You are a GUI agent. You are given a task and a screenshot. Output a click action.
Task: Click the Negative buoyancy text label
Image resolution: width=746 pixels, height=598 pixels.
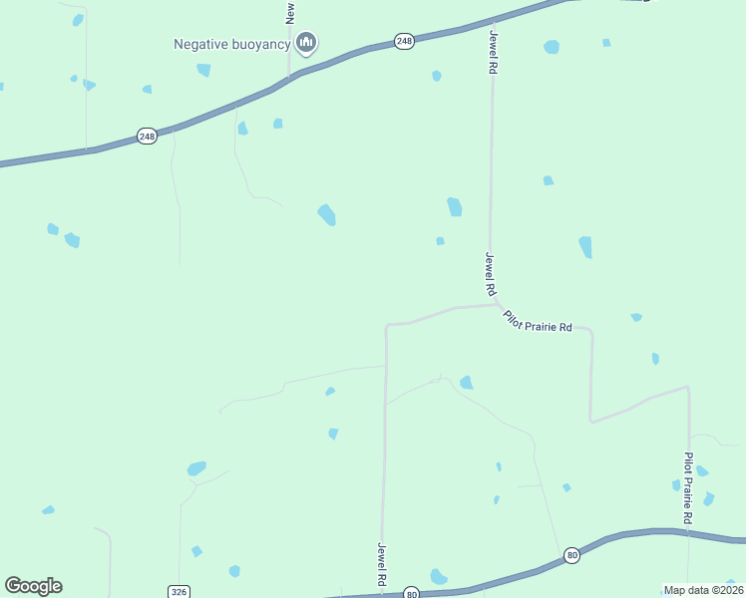point(231,43)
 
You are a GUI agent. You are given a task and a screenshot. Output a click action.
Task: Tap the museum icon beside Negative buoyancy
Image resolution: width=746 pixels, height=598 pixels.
point(306,42)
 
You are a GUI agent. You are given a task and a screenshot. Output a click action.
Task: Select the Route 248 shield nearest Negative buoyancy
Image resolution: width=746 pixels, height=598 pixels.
point(403,41)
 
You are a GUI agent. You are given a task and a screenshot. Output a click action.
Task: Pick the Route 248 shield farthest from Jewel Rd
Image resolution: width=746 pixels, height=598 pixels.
point(147,136)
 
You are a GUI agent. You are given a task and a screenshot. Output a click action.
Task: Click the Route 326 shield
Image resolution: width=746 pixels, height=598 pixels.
point(179,592)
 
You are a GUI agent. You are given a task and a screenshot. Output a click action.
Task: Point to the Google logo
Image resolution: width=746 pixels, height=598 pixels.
point(33,586)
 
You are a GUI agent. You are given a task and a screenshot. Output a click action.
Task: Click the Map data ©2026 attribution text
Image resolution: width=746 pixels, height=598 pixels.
point(703,590)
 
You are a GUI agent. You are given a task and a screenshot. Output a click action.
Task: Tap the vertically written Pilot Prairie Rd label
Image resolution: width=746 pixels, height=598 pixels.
point(688,488)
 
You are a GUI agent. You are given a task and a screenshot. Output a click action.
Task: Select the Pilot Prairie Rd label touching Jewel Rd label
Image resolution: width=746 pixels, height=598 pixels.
point(539,323)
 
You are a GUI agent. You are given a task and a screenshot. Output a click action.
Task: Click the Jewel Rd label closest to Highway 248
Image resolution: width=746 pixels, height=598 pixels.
point(493,53)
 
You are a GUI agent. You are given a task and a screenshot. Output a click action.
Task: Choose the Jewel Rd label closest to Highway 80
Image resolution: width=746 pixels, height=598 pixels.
point(381,564)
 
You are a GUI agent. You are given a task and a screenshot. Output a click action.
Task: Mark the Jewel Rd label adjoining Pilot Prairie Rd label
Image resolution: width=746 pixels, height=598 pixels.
point(490,275)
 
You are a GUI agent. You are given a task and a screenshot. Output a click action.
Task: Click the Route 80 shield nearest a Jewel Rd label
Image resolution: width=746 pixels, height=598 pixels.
point(412,593)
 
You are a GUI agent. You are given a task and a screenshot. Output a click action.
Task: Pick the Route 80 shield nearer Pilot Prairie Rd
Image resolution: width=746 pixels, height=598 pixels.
point(571,555)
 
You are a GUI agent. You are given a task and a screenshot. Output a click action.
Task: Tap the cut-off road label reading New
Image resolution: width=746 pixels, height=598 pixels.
point(290,11)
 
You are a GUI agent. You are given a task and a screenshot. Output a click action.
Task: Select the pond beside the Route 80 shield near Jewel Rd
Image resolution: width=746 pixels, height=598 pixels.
point(438,576)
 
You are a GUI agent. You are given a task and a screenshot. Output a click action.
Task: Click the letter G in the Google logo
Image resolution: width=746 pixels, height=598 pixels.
point(14,586)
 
